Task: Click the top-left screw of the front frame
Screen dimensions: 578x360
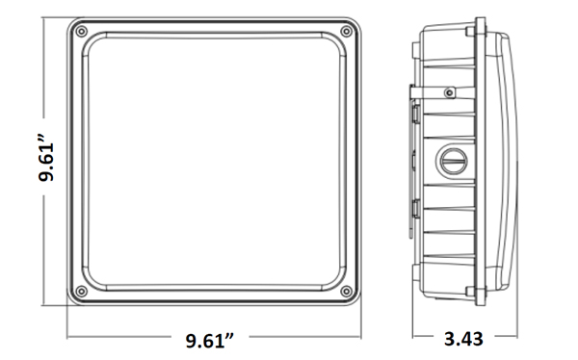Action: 82,32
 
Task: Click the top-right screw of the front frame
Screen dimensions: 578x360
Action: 346,32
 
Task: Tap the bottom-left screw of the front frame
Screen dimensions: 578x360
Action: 82,292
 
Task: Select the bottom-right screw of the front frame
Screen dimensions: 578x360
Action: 346,292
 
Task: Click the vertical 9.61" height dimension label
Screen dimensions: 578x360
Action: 46,157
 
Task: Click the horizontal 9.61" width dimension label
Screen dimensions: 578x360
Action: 210,341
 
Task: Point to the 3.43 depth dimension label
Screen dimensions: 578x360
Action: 463,339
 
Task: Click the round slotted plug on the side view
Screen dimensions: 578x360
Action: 453,161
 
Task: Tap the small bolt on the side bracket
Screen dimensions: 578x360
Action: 449,92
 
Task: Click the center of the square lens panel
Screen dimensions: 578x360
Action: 214,162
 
